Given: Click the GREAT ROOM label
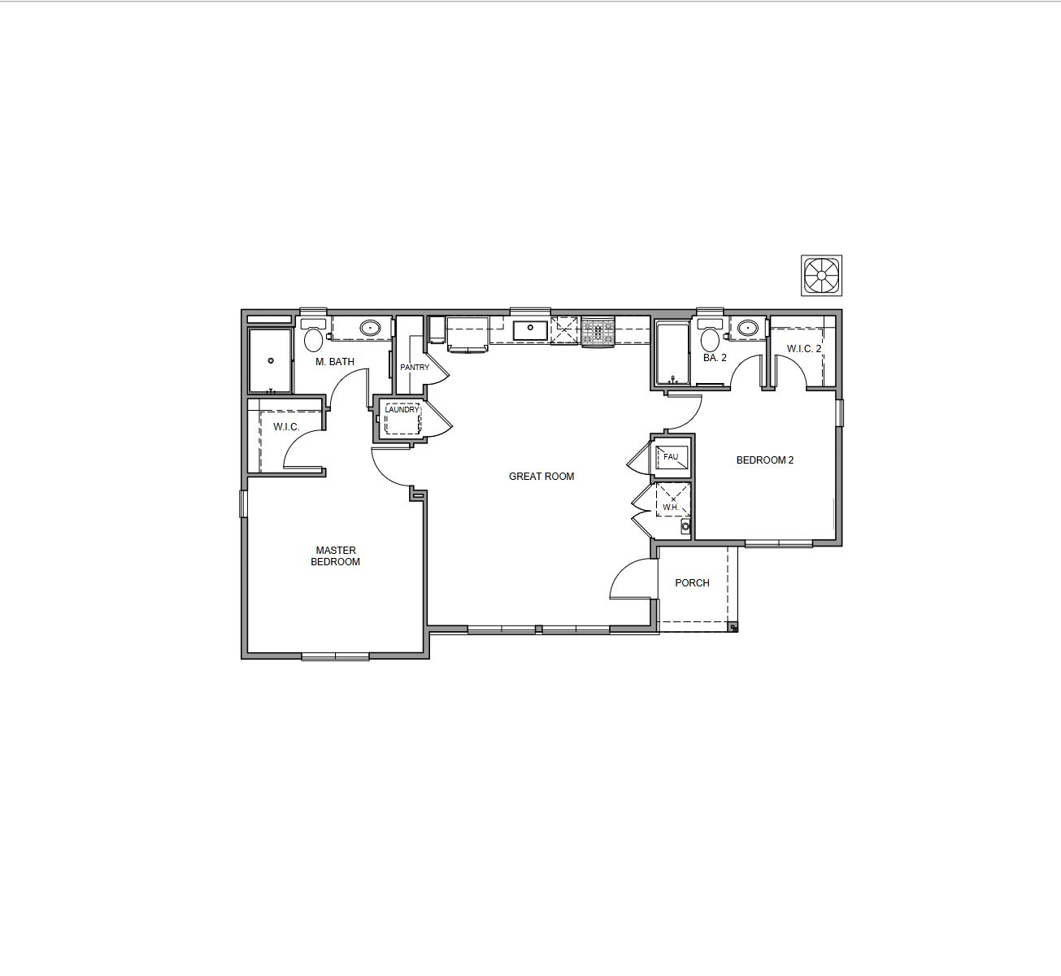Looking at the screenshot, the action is tap(541, 477).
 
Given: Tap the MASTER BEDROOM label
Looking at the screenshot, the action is tap(335, 556).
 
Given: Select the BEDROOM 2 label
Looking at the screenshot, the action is tap(765, 460).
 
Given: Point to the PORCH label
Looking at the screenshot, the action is tap(692, 582).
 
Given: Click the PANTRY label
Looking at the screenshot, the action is tap(415, 368).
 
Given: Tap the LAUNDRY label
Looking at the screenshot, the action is tap(402, 410).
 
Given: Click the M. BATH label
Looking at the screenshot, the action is tap(335, 361).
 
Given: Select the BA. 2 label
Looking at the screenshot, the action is tap(715, 358).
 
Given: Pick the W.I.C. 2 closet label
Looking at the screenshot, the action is tap(804, 349).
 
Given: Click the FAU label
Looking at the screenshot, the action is tap(671, 457).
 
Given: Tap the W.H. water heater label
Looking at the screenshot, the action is tap(671, 507).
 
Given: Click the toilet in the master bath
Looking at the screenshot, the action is tap(313, 335).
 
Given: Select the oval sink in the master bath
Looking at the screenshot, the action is tap(370, 328).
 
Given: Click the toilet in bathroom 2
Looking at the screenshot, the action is tap(710, 335).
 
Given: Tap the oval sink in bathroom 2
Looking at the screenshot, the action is tap(746, 328).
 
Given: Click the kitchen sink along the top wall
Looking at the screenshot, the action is tap(530, 330).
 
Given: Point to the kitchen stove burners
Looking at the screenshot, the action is tap(598, 332).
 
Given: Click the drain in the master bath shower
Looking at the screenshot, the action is tap(271, 360).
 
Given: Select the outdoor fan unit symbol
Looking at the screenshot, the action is tap(821, 276).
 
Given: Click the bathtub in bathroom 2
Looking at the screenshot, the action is tap(672, 353).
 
